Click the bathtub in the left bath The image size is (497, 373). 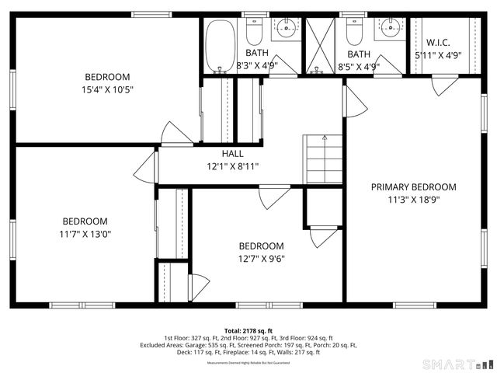click(219, 44)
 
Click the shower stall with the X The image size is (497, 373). click(318, 44)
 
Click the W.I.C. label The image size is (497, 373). click(438, 42)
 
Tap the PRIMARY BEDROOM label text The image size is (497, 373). click(413, 186)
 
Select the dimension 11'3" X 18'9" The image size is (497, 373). click(413, 200)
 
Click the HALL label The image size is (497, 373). click(232, 154)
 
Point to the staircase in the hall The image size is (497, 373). click(323, 159)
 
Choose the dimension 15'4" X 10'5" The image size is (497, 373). click(107, 90)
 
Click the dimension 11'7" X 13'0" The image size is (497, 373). click(85, 234)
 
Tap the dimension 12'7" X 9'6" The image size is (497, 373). click(260, 260)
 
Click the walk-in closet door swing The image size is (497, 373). click(443, 84)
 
